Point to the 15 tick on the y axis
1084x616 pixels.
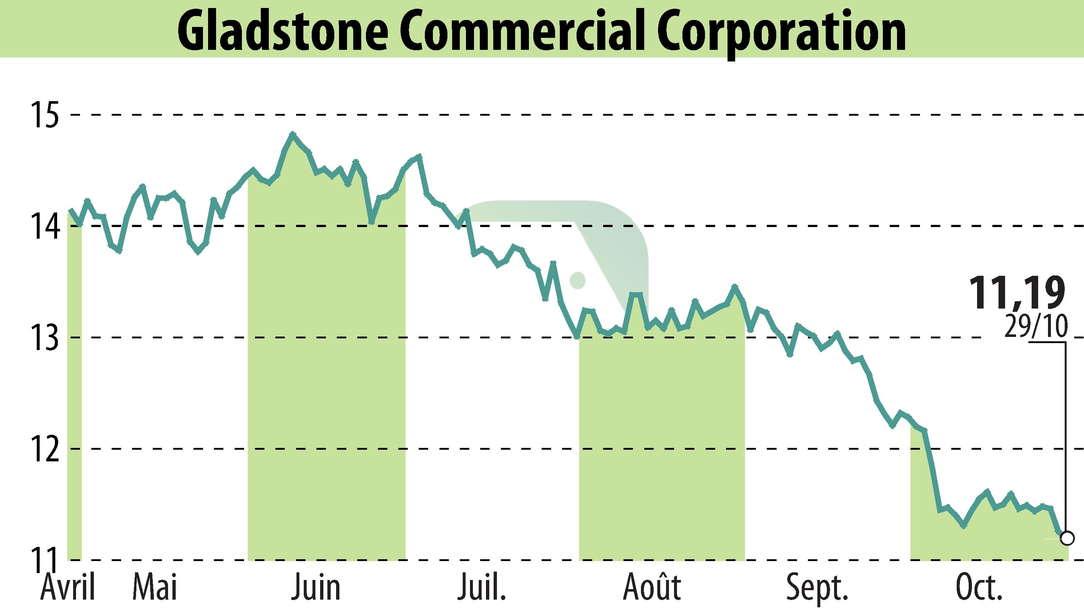point(43,115)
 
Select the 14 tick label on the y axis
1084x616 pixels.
point(43,227)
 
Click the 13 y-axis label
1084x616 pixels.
point(43,338)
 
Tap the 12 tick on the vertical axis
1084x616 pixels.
point(43,449)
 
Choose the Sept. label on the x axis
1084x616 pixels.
point(817,588)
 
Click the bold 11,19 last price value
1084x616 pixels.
point(1016,293)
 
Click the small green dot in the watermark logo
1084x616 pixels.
point(577,280)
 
